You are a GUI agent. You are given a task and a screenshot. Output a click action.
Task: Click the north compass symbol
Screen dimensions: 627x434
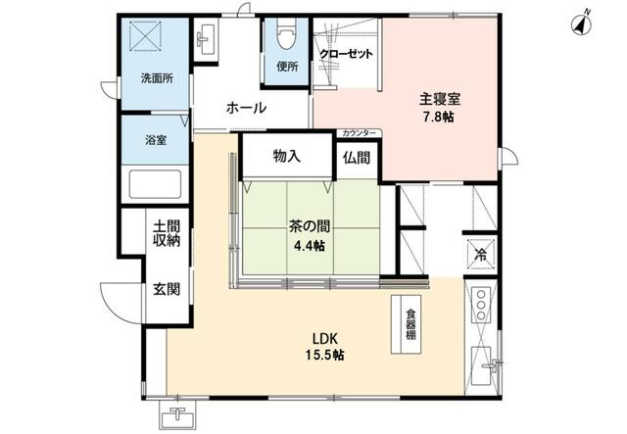[582, 24]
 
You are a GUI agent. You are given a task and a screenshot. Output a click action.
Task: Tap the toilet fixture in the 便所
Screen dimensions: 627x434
[286, 33]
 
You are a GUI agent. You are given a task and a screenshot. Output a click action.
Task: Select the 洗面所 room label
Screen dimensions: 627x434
[157, 78]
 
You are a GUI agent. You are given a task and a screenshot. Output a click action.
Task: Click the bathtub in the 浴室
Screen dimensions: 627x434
[155, 184]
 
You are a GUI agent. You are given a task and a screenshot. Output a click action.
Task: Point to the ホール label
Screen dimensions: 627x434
[246, 108]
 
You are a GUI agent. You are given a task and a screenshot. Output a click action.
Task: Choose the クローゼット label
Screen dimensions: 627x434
[346, 54]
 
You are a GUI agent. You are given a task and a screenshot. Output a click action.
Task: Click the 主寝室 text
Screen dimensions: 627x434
[440, 99]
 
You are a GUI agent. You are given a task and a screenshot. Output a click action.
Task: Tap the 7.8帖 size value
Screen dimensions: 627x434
[438, 117]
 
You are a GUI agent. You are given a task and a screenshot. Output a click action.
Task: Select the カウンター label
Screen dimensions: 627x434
[360, 133]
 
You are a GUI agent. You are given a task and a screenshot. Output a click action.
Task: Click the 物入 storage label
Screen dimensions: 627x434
[287, 156]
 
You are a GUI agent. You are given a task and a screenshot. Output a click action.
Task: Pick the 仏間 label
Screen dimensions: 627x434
[357, 158]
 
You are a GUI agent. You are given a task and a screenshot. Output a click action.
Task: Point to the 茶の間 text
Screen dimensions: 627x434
[310, 227]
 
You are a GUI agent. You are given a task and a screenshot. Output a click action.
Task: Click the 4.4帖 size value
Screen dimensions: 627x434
[310, 246]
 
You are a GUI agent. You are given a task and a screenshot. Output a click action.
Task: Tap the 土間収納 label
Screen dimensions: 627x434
[167, 233]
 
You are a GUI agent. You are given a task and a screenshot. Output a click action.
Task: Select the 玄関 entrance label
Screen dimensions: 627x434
[167, 289]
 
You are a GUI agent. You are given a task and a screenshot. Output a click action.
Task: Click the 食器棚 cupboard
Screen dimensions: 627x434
[406, 324]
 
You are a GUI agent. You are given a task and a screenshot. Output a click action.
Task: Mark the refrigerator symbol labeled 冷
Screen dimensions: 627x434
[481, 255]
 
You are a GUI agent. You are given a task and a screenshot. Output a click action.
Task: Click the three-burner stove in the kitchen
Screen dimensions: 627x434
[481, 304]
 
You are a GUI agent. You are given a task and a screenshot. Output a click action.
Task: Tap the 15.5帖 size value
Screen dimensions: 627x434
[324, 355]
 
